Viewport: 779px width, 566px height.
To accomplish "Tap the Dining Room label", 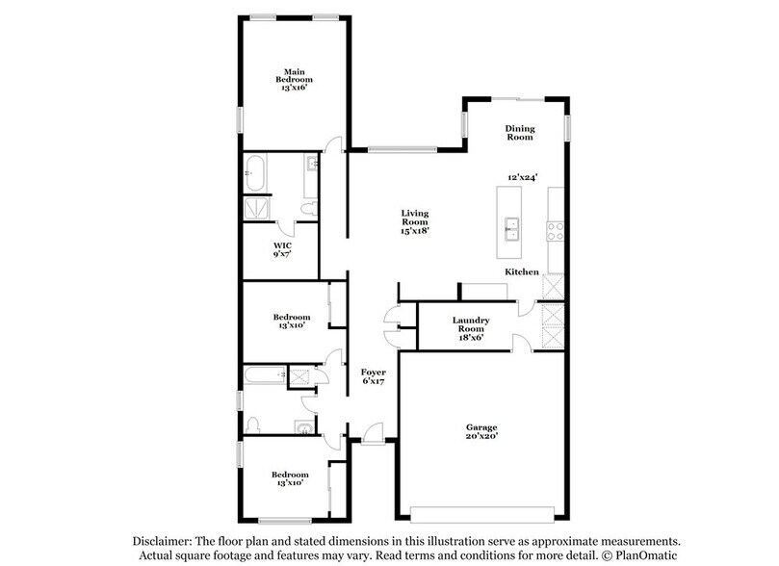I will tap(520, 133).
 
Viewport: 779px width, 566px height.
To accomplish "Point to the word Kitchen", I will tap(523, 272).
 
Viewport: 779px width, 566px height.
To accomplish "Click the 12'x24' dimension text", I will tap(522, 177).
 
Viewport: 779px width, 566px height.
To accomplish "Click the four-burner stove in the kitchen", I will tap(556, 230).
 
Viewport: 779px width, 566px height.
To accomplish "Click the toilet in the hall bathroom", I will tap(254, 424).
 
